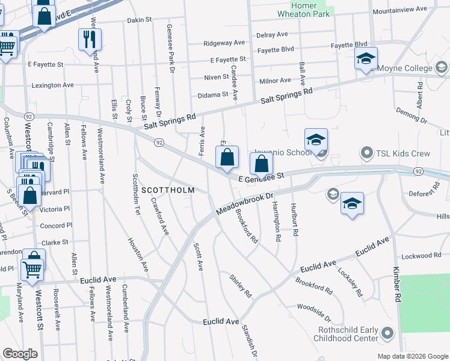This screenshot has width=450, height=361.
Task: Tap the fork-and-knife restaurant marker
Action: tap(89, 40)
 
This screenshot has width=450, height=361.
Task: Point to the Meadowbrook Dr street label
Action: tap(244, 206)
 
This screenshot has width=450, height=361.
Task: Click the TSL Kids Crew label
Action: tap(402, 153)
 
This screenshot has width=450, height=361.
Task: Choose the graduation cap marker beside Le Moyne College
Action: tap(365, 59)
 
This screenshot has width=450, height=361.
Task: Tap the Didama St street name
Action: tap(214, 95)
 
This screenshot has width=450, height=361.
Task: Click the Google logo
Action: tap(20, 353)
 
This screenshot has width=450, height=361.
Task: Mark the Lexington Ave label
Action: tap(52, 85)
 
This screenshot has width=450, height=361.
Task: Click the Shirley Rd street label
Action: tap(240, 285)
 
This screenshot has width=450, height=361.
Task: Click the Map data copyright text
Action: tap(412, 356)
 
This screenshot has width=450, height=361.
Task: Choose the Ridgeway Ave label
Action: tap(224, 43)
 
